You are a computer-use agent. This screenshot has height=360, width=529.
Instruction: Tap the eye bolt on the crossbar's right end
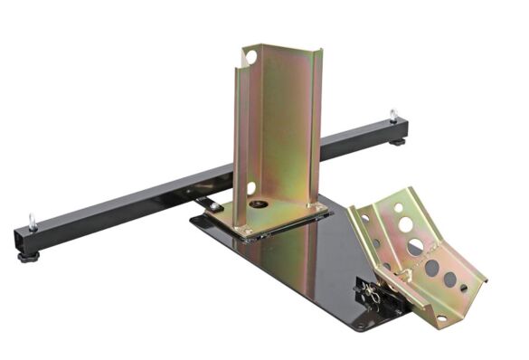coord(393,115)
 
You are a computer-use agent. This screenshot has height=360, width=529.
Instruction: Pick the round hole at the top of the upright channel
coord(250,58)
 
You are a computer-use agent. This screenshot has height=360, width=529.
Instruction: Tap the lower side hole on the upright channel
coord(250,188)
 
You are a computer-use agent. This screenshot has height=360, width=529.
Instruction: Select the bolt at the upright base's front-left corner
coord(247,232)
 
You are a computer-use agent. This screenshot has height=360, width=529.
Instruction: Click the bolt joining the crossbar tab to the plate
coord(210,204)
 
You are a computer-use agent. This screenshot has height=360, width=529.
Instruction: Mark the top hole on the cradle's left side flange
coord(365,219)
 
